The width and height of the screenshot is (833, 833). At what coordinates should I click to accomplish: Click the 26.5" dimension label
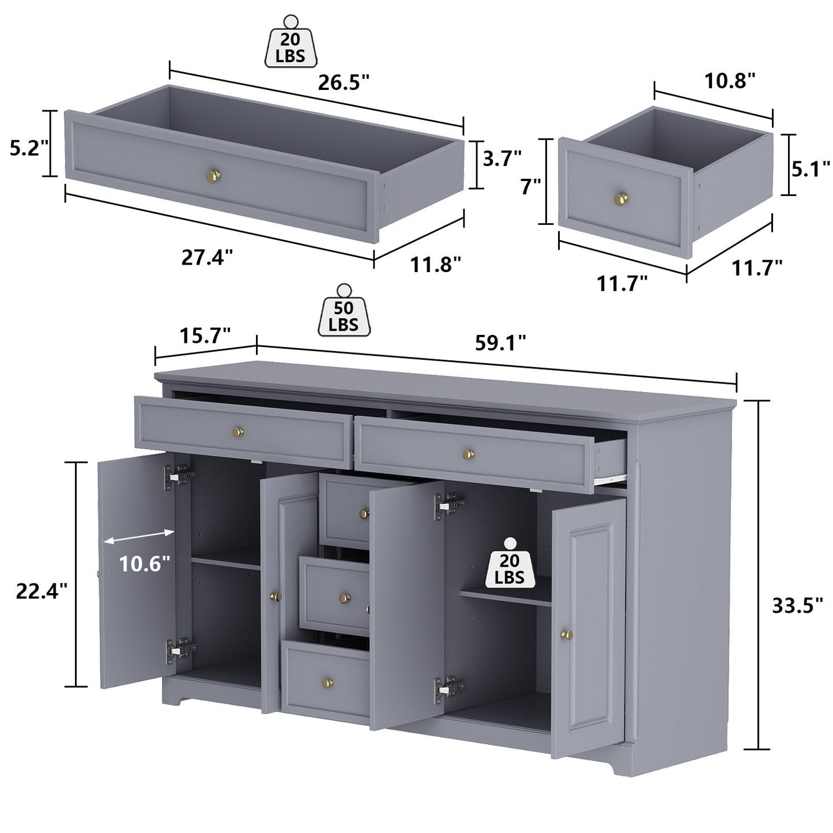[x=344, y=84]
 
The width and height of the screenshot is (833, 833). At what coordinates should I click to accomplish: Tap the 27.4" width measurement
[x=208, y=257]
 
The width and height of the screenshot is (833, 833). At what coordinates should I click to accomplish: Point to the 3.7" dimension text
[x=502, y=157]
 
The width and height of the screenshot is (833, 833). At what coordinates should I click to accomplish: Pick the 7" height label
[x=531, y=186]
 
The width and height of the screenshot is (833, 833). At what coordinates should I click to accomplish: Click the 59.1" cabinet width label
[x=500, y=343]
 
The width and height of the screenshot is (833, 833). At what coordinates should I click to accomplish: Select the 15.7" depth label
[x=205, y=335]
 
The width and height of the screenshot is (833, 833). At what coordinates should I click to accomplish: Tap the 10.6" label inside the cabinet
[x=145, y=563]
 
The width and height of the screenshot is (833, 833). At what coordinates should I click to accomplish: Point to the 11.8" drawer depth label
[x=435, y=265]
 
